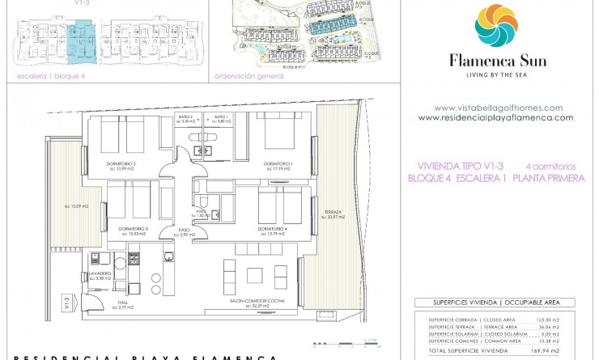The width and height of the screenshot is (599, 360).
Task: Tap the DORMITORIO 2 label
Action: (121, 164)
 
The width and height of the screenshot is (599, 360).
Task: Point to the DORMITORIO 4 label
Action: (272, 230)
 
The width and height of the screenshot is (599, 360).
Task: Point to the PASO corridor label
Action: (185, 230)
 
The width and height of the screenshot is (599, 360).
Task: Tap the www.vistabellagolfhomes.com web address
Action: (498, 108)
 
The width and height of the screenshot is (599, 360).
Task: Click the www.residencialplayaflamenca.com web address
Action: (495, 117)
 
